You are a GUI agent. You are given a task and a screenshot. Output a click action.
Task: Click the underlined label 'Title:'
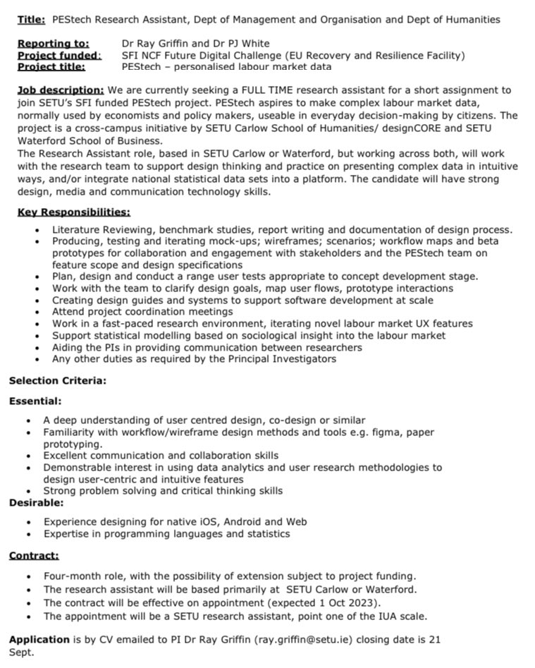pyautogui.click(x=31, y=20)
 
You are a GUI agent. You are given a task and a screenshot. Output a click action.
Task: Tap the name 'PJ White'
pyautogui.click(x=246, y=44)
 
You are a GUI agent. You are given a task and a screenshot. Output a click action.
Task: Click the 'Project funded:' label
pyautogui.click(x=59, y=55)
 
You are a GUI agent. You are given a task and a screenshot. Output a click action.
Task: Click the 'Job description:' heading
pyautogui.click(x=61, y=90)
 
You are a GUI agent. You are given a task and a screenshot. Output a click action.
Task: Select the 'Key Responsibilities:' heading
pyautogui.click(x=73, y=212)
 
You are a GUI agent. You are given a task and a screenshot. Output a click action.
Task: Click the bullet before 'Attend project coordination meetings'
pyautogui.click(x=37, y=312)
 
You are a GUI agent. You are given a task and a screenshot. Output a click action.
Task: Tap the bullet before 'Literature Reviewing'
pyautogui.click(x=37, y=230)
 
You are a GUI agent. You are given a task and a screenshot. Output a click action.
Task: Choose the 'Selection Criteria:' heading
pyautogui.click(x=57, y=381)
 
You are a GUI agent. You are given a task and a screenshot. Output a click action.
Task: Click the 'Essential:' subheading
pyautogui.click(x=35, y=401)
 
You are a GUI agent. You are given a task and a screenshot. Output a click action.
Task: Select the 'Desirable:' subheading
pyautogui.click(x=36, y=503)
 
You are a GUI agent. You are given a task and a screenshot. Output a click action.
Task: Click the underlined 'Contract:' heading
pyautogui.click(x=34, y=556)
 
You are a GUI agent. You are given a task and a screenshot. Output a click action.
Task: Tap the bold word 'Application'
pyautogui.click(x=39, y=640)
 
